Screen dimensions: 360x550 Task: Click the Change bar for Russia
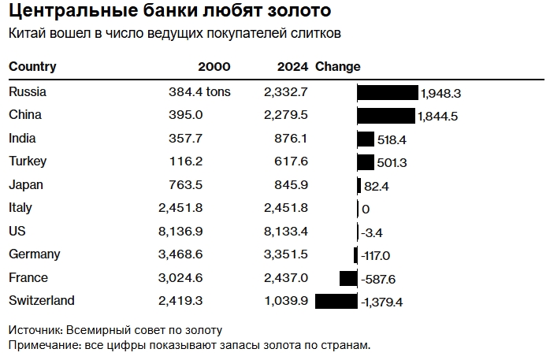387,92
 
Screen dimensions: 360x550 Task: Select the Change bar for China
385,116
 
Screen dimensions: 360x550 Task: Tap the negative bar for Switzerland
336,301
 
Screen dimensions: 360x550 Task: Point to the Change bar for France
348,278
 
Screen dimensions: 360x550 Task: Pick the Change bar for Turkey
366,162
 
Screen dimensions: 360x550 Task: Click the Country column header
32,67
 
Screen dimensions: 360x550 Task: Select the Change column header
337,67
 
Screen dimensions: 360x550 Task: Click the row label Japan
26,185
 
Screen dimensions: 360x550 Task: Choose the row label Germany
34,254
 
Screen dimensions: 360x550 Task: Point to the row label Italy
20,208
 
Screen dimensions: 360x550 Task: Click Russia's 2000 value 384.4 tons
199,92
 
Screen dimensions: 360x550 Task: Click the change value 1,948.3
440,93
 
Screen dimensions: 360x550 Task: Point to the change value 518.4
392,139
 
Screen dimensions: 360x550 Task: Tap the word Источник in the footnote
35,330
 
